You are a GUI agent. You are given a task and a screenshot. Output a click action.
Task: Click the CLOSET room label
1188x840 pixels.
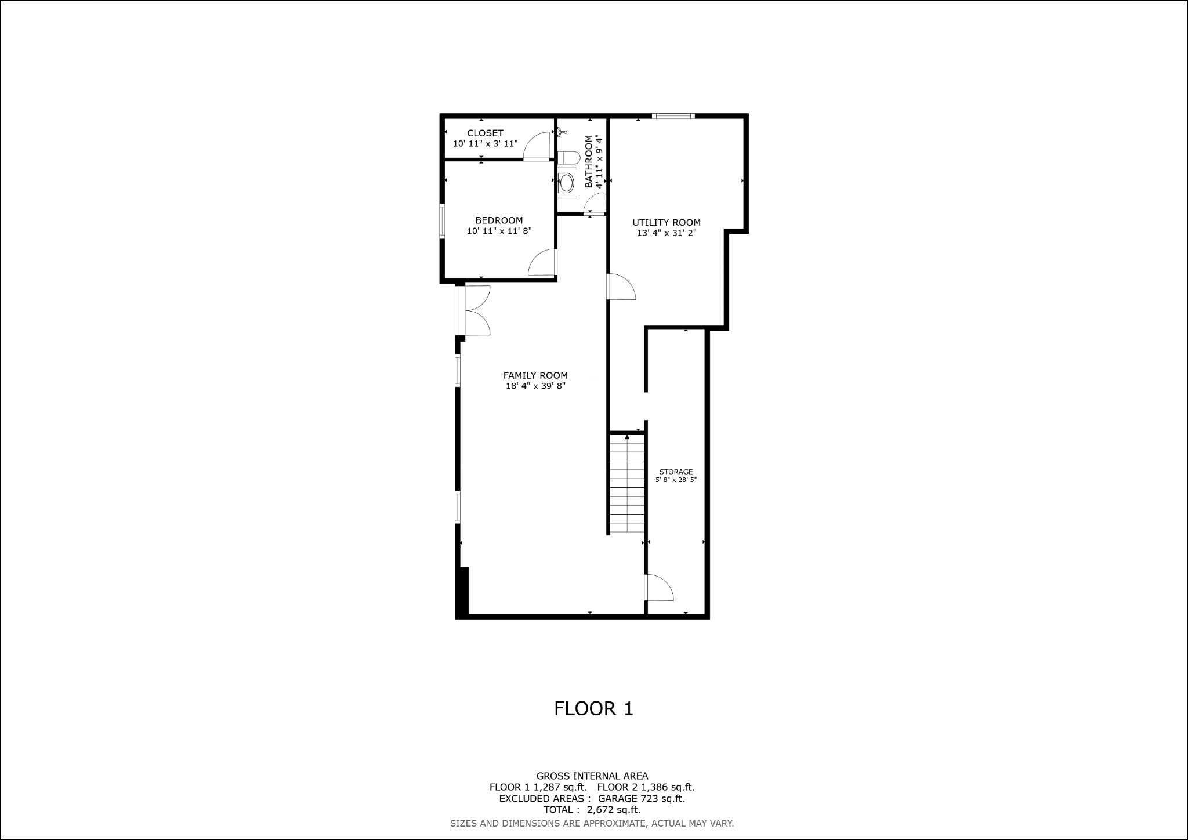485,133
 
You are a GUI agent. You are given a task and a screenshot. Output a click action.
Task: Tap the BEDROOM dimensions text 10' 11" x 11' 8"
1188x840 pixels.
499,231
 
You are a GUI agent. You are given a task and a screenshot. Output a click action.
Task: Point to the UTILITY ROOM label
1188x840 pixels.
666,222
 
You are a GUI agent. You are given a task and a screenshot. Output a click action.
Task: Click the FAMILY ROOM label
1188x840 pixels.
535,375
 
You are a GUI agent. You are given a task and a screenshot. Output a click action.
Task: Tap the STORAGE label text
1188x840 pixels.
676,472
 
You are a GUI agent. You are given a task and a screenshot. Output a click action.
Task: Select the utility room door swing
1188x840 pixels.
621,287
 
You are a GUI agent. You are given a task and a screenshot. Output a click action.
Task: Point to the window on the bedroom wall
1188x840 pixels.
442,220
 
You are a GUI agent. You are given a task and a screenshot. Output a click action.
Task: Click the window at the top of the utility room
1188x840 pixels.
673,116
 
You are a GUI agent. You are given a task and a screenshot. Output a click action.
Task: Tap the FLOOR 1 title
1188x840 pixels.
593,708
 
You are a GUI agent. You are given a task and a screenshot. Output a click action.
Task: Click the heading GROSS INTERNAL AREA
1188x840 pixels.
592,776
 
